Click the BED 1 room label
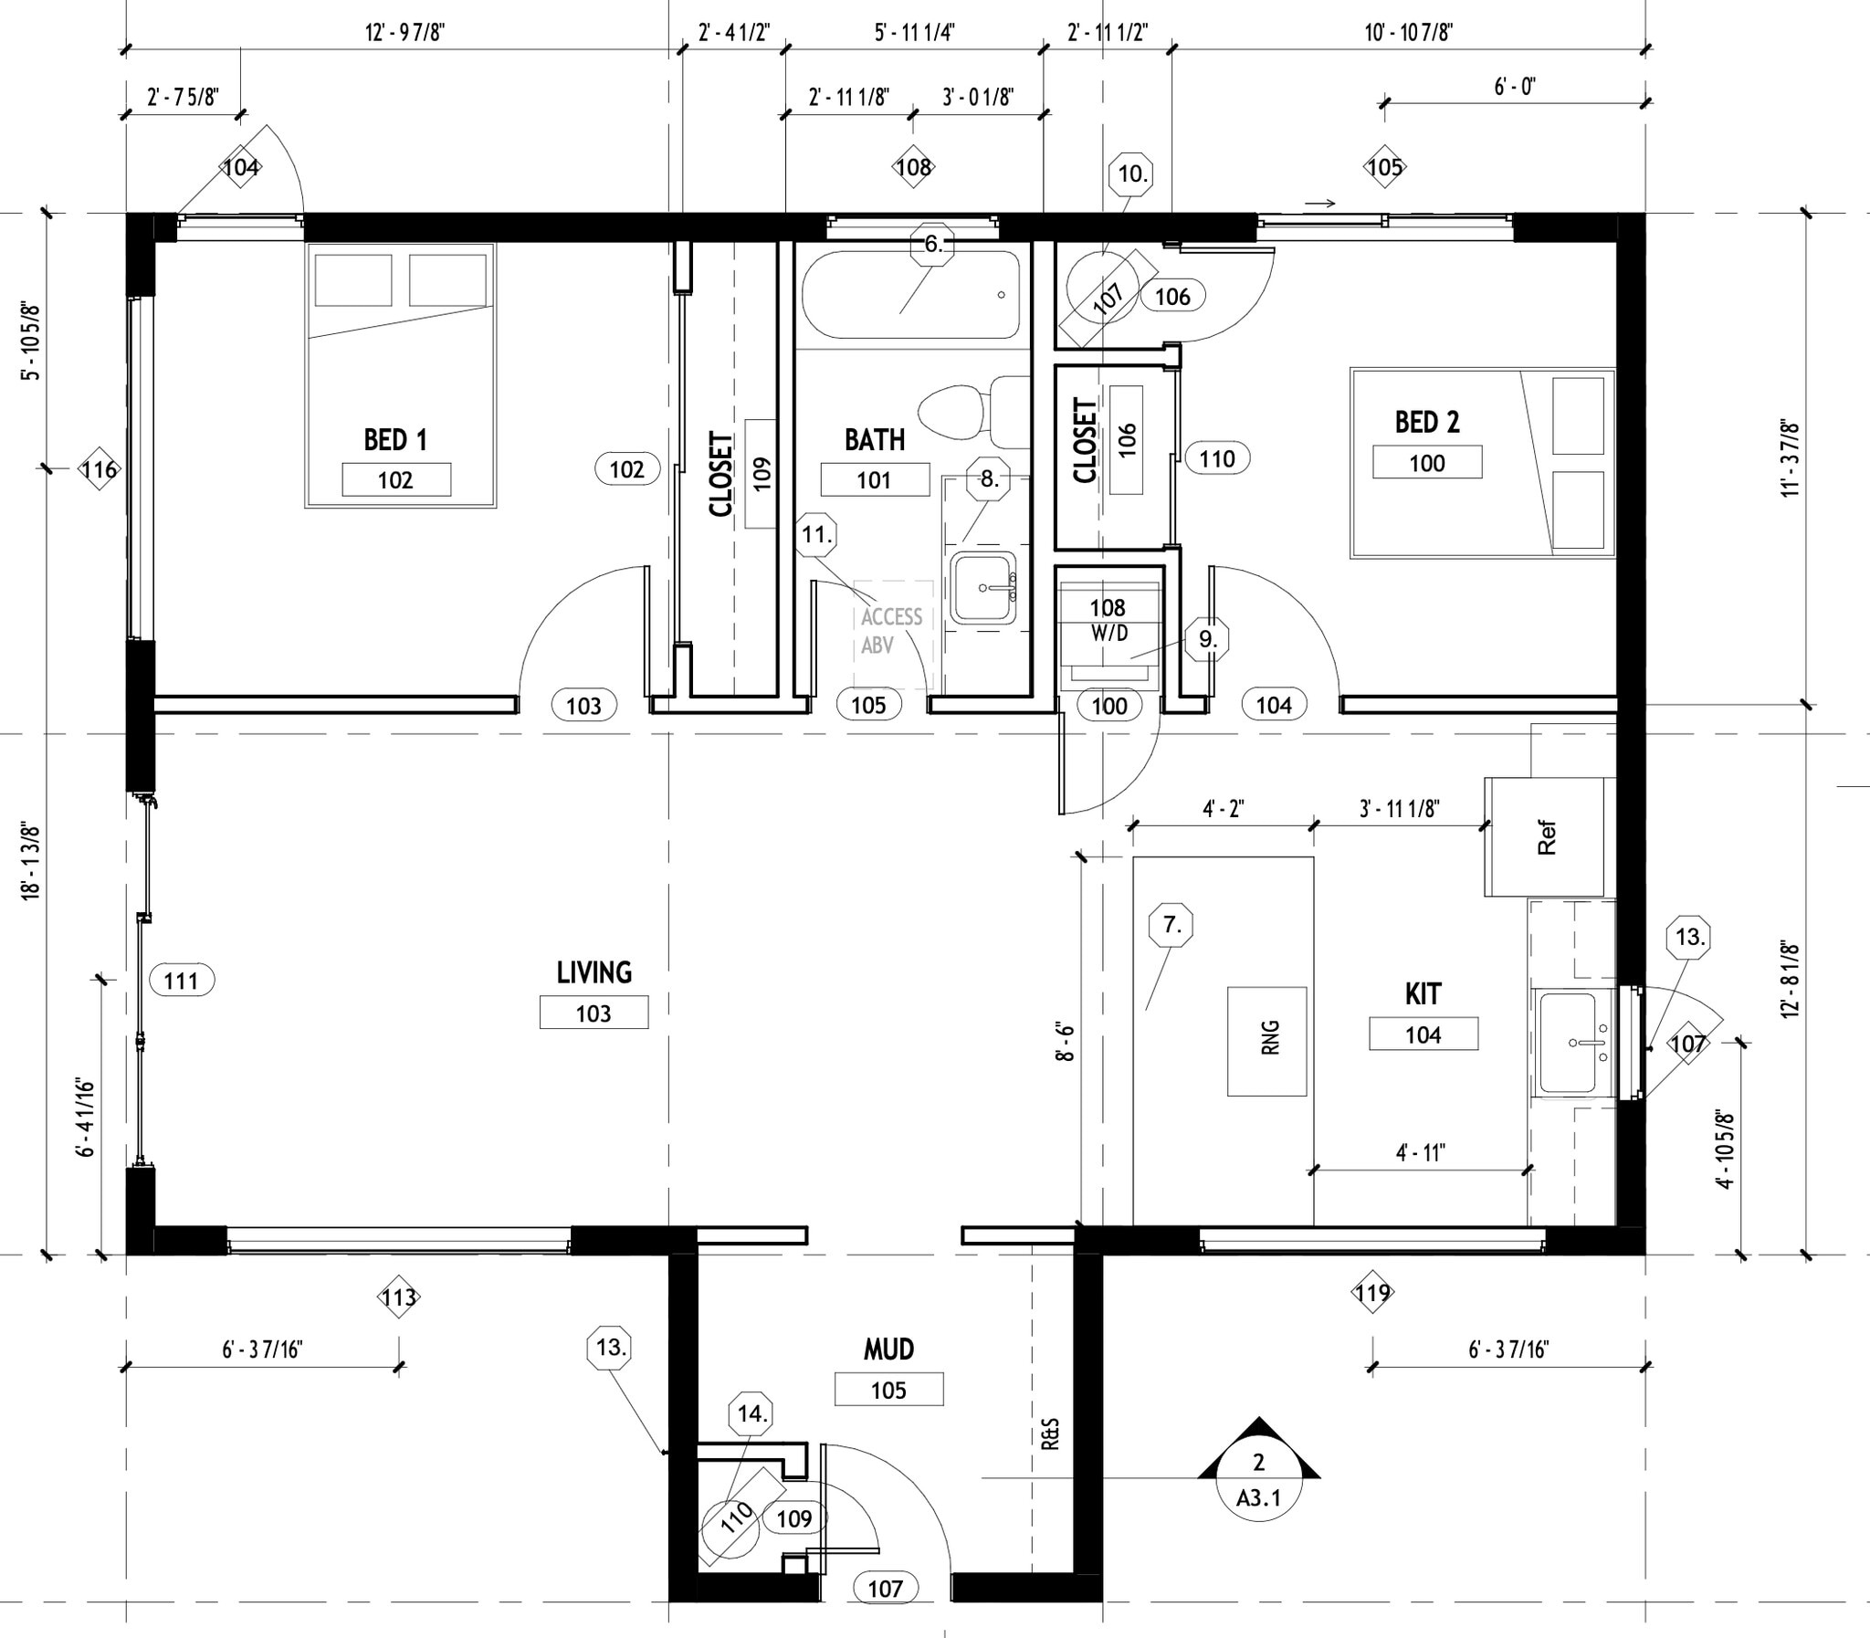click(394, 440)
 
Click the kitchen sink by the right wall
click(1574, 1043)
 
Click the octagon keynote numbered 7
click(1171, 926)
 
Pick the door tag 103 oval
click(584, 705)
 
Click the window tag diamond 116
click(100, 470)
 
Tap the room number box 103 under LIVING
click(594, 1013)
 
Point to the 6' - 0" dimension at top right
click(1515, 88)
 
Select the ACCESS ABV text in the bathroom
click(891, 631)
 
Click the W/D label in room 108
click(1108, 633)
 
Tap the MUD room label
click(888, 1349)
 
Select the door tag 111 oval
click(181, 981)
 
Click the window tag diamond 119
click(1372, 1292)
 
